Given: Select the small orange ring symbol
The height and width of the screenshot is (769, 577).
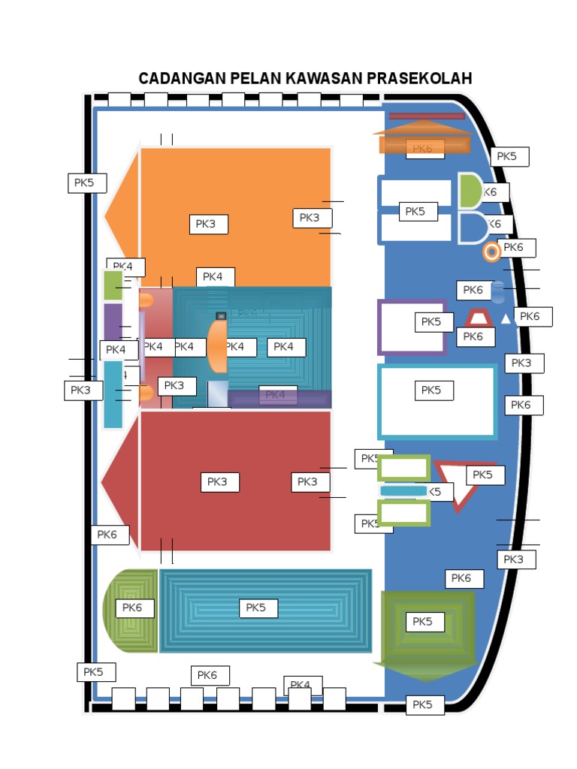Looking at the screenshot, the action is click(x=491, y=252).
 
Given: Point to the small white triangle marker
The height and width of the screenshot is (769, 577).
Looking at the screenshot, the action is click(x=506, y=319).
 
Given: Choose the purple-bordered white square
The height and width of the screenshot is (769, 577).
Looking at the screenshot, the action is click(x=412, y=327).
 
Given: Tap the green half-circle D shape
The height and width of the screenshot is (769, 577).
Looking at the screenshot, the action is click(x=470, y=191).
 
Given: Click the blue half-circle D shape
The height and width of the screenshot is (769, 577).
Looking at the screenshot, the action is click(x=471, y=227).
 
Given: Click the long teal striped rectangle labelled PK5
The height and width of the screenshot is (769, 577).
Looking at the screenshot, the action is click(x=266, y=610).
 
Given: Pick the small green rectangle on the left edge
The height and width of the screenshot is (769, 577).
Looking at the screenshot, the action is click(x=113, y=285).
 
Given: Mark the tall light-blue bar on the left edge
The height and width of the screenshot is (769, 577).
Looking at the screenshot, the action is click(x=113, y=394).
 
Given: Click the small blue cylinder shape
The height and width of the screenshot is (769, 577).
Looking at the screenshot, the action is click(x=497, y=291).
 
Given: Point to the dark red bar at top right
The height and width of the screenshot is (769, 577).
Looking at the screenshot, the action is click(x=426, y=116).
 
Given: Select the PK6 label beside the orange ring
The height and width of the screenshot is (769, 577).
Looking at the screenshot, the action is click(x=518, y=247).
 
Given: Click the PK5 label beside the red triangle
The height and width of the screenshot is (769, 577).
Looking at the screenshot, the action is click(x=485, y=475).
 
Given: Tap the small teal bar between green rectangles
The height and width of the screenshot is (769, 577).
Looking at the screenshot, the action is click(x=403, y=491).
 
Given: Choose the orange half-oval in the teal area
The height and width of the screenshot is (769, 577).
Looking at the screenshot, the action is click(x=216, y=345).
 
